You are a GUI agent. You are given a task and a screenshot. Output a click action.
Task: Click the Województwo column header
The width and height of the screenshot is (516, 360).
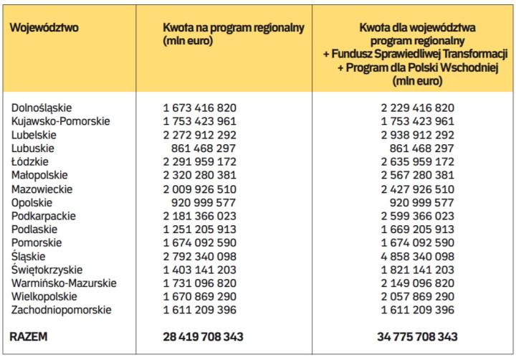(x=44, y=28)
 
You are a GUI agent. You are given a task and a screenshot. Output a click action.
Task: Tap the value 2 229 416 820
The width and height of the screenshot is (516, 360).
(x=417, y=108)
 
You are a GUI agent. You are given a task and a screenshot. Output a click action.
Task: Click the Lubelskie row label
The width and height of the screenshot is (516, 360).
(x=34, y=134)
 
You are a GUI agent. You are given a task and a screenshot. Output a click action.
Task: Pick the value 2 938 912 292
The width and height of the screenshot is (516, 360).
(x=417, y=134)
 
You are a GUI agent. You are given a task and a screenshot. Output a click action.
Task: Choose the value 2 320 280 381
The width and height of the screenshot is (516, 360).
(x=201, y=175)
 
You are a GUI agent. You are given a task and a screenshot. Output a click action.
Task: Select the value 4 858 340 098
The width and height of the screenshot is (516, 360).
(x=417, y=256)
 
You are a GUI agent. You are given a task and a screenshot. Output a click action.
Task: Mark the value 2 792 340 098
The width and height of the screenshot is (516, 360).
(x=201, y=256)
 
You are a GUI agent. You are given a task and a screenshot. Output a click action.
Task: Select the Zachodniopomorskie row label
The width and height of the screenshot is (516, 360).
(x=61, y=310)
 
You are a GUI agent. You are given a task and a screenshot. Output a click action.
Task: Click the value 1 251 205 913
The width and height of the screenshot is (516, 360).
(x=201, y=229)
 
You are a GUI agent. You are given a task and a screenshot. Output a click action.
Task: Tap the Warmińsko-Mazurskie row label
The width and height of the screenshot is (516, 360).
(x=62, y=283)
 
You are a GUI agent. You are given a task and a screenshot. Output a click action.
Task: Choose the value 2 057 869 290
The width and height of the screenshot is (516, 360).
(x=417, y=296)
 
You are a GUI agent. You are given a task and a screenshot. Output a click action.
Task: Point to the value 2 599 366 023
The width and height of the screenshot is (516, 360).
(x=417, y=215)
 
